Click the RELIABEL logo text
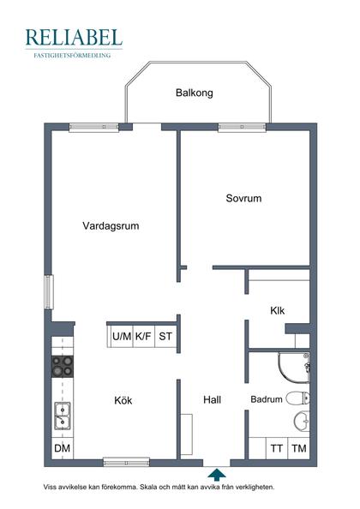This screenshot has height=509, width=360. click(74, 37)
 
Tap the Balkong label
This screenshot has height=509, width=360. click(194, 93)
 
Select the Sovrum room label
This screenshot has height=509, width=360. click(243, 198)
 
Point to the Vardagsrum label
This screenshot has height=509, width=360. click(111, 226)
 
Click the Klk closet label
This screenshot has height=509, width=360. click(277, 310)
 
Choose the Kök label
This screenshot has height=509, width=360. click(123, 399)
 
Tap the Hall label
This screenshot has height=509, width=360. click(213, 399)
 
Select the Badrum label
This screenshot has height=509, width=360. click(267, 399)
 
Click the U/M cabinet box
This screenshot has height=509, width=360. click(122, 336)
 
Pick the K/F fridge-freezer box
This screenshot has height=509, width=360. click(143, 336)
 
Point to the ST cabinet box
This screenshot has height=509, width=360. click(165, 336)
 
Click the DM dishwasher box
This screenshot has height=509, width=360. click(63, 448)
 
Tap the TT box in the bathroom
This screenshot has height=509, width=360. click(277, 448)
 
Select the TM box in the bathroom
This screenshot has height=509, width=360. click(298, 448)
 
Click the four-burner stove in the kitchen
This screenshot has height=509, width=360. click(63, 368)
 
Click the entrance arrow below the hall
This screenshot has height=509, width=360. click(217, 473)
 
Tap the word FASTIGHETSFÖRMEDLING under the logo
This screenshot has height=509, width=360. click(74, 55)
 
